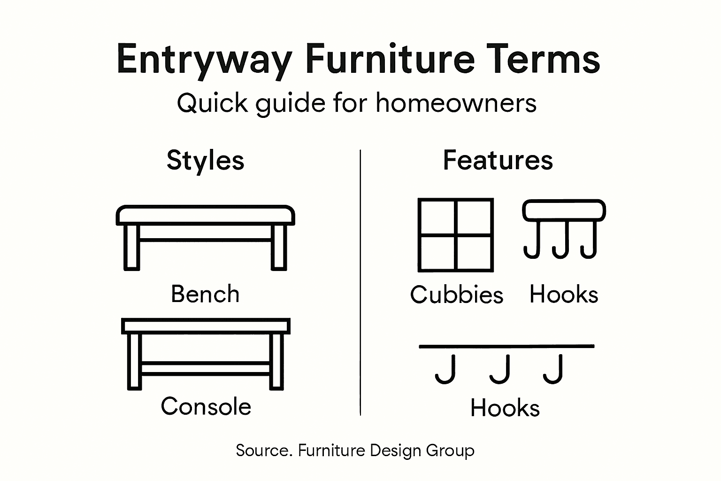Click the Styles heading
tap(205, 160)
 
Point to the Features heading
tap(498, 160)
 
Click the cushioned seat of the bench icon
tap(205, 215)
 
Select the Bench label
tap(205, 294)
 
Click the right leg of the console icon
tap(276, 362)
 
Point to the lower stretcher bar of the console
tap(205, 369)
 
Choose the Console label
tap(206, 406)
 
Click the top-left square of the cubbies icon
tap(437, 217)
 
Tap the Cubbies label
tap(456, 295)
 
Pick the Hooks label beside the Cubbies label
tap(564, 295)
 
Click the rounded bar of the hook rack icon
tap(564, 210)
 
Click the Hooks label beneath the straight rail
tap(505, 408)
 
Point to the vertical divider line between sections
tap(360, 282)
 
